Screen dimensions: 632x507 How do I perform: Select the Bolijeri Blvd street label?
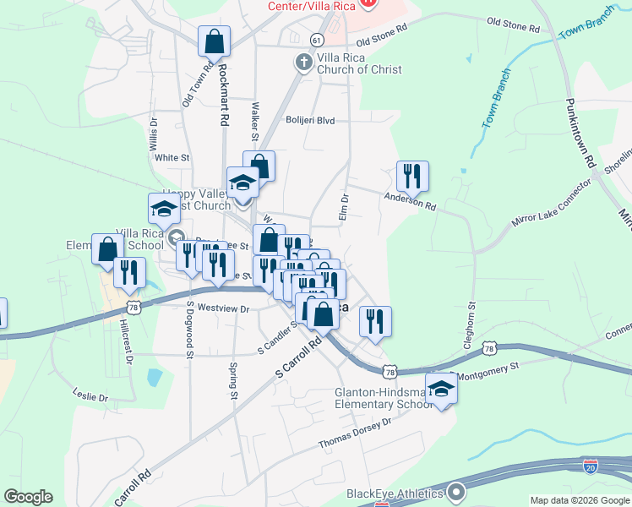pyautogui.click(x=310, y=120)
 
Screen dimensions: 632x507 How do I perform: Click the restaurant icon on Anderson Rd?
pyautogui.click(x=412, y=176)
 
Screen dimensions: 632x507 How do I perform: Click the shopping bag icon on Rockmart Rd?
pyautogui.click(x=215, y=41)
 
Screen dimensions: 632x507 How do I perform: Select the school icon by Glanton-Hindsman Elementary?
pyautogui.click(x=440, y=390)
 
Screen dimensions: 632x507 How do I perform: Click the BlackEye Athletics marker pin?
pyautogui.click(x=456, y=491)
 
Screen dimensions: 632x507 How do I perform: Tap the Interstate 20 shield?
pyautogui.click(x=591, y=465)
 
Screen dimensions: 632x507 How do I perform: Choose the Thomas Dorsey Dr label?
pyautogui.click(x=356, y=433)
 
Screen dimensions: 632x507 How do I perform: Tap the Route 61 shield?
pyautogui.click(x=316, y=40)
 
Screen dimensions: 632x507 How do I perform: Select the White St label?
pyautogui.click(x=172, y=157)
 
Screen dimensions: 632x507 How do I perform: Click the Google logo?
pyautogui.click(x=28, y=497)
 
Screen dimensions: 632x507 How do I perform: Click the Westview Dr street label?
pyautogui.click(x=221, y=309)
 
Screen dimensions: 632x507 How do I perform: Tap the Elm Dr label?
pyautogui.click(x=344, y=204)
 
